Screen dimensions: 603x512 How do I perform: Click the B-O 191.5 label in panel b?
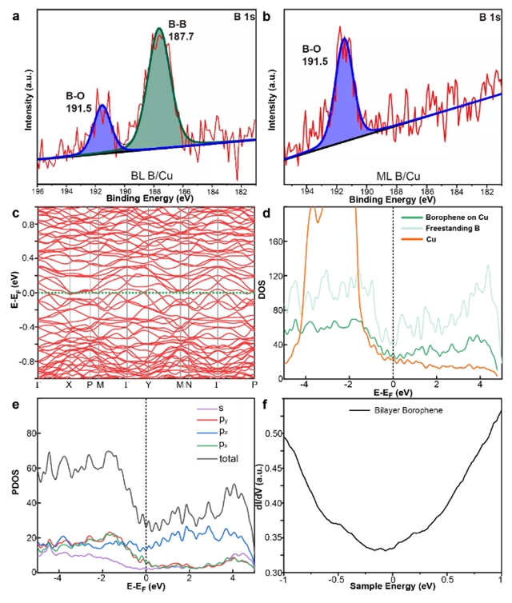coord(317,54)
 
